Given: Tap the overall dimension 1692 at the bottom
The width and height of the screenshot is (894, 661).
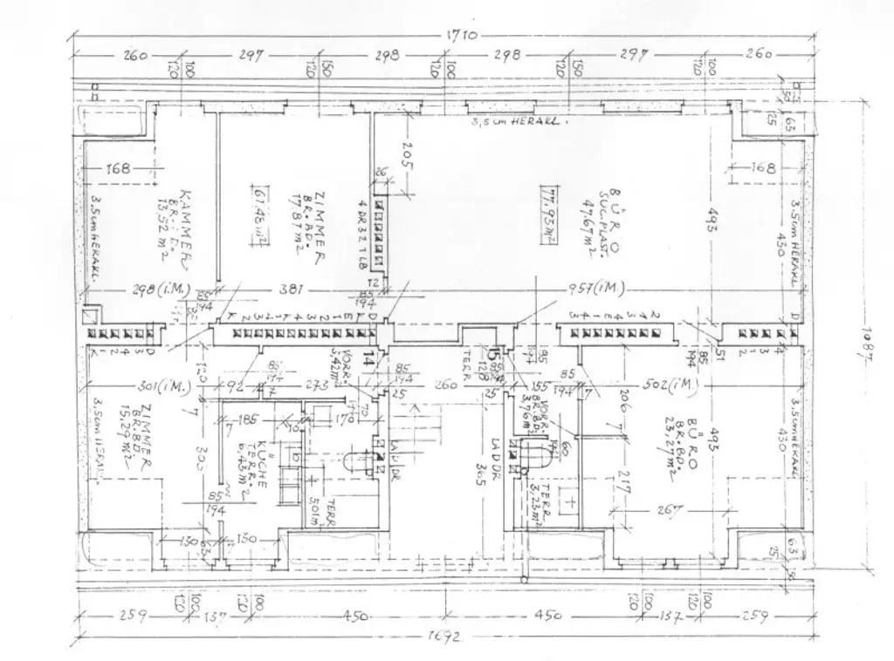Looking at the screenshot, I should coord(445,636).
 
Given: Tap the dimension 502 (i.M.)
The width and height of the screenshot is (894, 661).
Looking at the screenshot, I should coord(678,385).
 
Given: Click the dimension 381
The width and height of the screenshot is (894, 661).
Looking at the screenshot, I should coord(301,292).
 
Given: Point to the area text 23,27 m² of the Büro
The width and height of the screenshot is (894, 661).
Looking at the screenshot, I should coord(670,455).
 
